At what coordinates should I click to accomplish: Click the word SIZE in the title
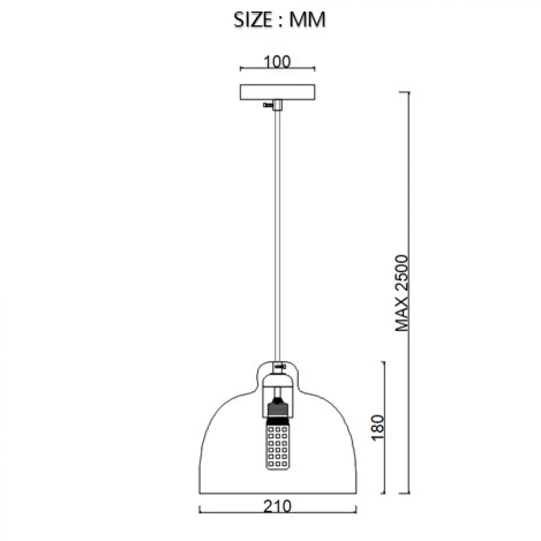click(252, 20)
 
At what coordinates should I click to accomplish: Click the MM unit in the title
click(307, 20)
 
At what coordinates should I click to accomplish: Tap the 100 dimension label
click(277, 62)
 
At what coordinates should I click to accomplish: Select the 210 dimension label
click(277, 507)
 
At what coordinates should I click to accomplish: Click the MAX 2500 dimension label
click(401, 293)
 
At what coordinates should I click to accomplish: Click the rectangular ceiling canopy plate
click(277, 92)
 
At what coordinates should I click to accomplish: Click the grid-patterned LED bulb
click(277, 447)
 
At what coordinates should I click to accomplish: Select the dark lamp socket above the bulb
click(277, 411)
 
